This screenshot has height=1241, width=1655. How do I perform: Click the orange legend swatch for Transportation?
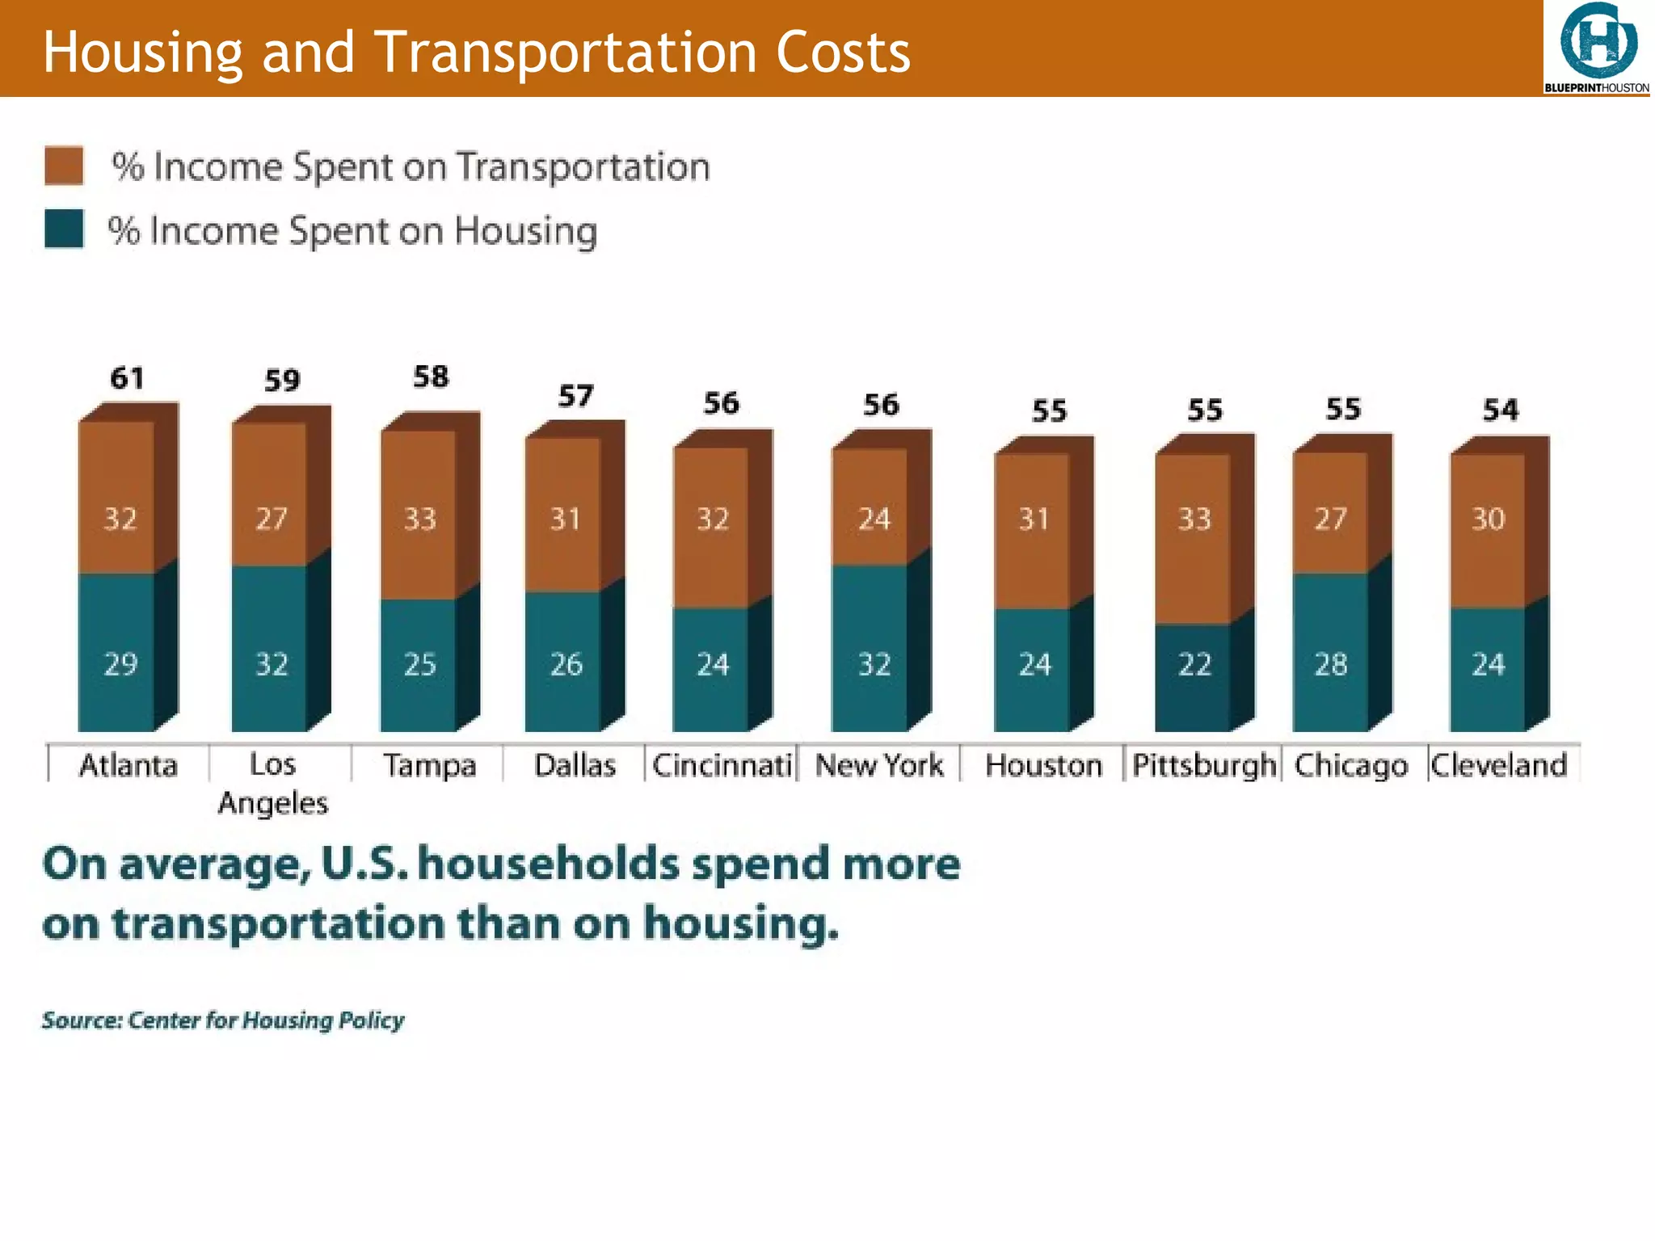pyautogui.click(x=64, y=166)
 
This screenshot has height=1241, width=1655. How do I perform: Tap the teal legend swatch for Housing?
pyautogui.click(x=64, y=229)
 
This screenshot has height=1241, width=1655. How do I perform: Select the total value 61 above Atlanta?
pyautogui.click(x=127, y=378)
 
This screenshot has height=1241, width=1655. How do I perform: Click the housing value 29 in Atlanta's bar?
pyautogui.click(x=120, y=664)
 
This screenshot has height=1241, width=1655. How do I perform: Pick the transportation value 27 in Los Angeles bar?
pyautogui.click(x=272, y=518)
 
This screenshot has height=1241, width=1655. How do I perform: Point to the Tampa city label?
pyautogui.click(x=429, y=765)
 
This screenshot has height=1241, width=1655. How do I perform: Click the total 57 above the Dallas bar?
pyautogui.click(x=575, y=396)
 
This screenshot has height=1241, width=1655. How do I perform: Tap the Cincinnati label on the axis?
pyautogui.click(x=722, y=765)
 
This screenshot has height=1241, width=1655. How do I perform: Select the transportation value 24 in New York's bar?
pyautogui.click(x=874, y=518)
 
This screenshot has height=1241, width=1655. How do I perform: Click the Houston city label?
pyautogui.click(x=1043, y=765)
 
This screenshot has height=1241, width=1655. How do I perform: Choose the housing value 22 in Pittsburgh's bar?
pyautogui.click(x=1194, y=664)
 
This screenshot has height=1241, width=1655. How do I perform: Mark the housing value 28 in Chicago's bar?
pyautogui.click(x=1330, y=664)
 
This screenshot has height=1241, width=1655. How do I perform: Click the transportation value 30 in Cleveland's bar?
pyautogui.click(x=1488, y=518)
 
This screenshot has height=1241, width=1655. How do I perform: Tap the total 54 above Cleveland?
pyautogui.click(x=1500, y=410)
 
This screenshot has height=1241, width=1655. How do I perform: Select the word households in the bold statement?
pyautogui.click(x=548, y=864)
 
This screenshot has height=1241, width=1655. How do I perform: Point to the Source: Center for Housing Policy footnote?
pyautogui.click(x=223, y=1020)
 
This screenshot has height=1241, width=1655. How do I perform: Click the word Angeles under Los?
pyautogui.click(x=273, y=803)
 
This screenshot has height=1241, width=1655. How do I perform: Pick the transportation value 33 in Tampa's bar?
pyautogui.click(x=419, y=518)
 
